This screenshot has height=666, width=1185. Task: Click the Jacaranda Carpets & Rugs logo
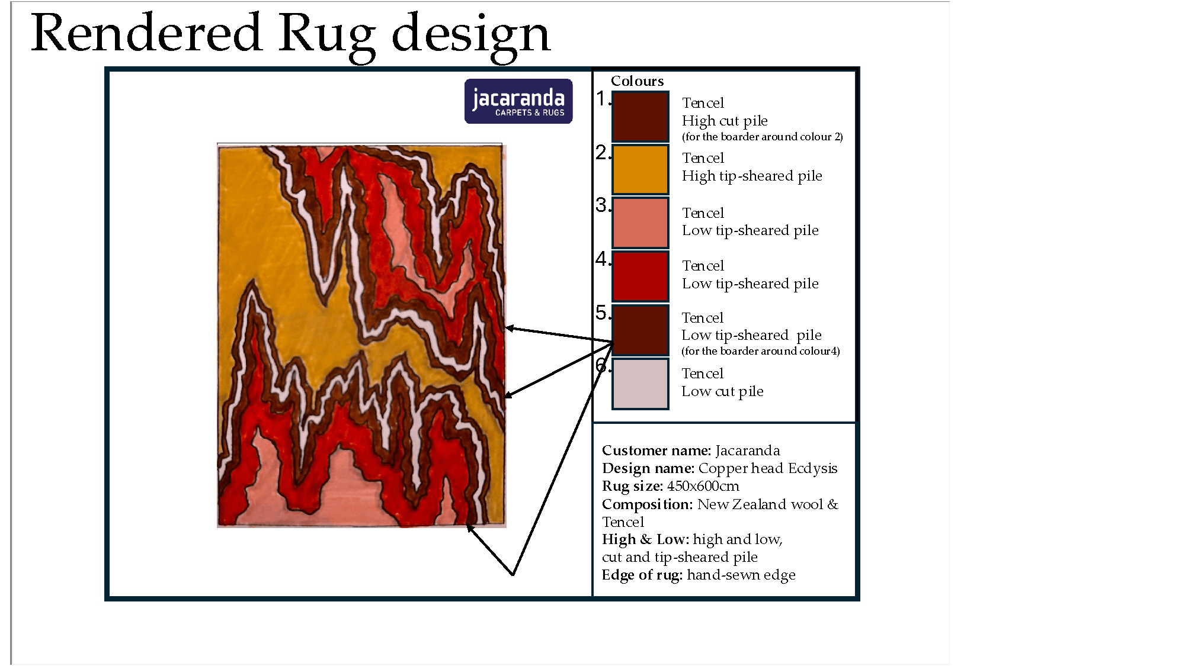(518, 101)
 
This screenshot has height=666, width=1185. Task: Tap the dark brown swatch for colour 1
(640, 117)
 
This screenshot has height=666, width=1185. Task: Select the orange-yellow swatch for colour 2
(640, 170)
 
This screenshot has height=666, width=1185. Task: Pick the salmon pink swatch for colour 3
(640, 223)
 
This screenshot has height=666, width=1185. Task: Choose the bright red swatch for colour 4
(640, 276)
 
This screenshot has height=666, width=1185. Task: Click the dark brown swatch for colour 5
(640, 330)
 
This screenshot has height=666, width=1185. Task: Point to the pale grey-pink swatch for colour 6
(640, 384)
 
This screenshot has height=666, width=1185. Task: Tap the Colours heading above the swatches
(638, 81)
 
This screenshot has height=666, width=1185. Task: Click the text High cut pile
(725, 121)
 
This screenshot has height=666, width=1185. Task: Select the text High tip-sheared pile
(752, 176)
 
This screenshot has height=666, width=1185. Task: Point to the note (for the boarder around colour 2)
(763, 137)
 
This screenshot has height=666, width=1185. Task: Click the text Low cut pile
(722, 391)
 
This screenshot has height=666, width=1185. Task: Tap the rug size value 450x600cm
(703, 486)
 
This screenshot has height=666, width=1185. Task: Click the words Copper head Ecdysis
(768, 468)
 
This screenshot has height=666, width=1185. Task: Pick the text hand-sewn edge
(741, 575)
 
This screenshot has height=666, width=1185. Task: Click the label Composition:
(648, 504)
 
